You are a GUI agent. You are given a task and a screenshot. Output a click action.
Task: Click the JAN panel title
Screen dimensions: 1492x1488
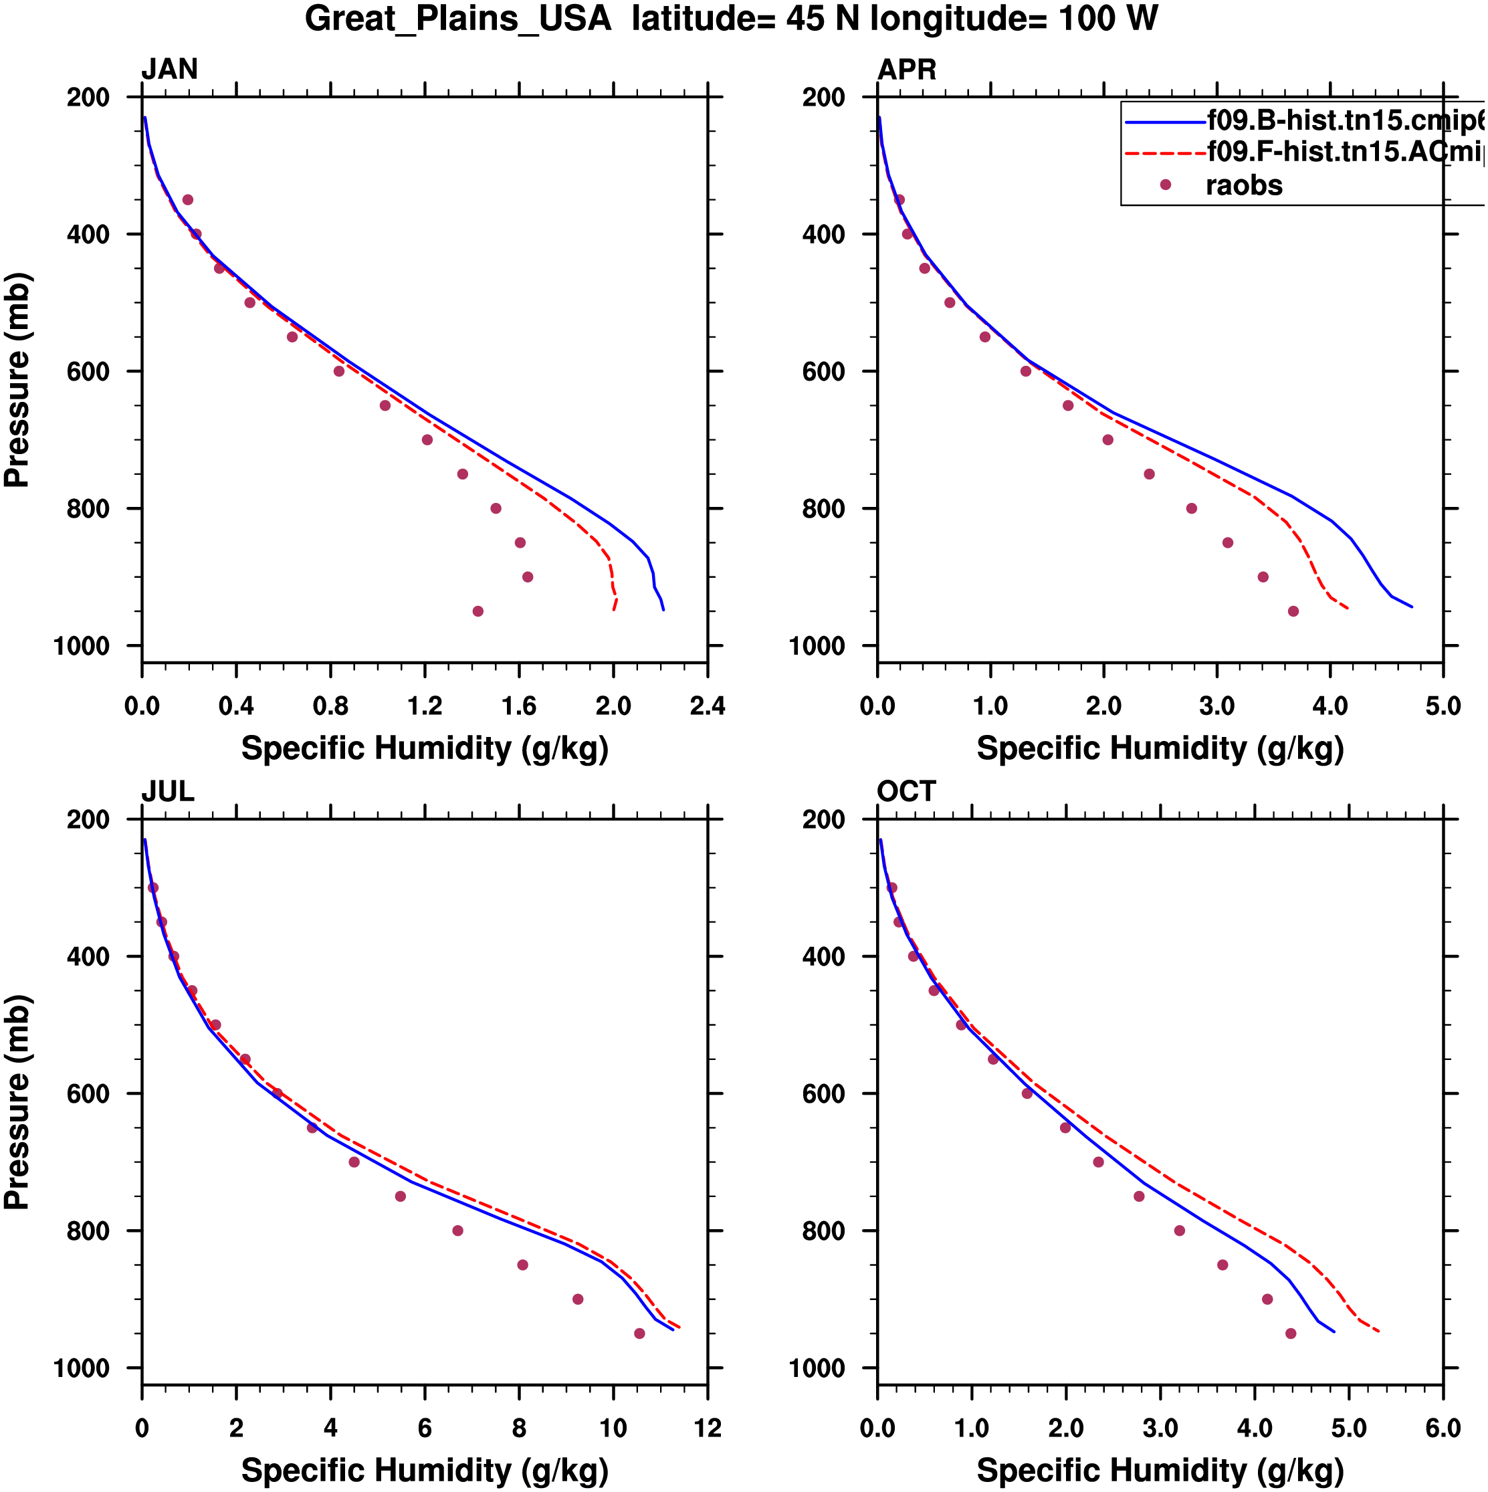tap(169, 70)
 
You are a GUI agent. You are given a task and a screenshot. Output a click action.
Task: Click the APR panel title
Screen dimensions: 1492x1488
tap(907, 70)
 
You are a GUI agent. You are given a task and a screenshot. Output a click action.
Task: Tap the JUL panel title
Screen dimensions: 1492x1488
tap(168, 792)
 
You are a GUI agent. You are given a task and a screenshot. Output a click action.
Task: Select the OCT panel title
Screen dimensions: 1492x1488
tap(907, 792)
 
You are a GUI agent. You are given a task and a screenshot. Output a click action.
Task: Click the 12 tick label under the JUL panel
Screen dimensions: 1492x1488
tap(708, 1428)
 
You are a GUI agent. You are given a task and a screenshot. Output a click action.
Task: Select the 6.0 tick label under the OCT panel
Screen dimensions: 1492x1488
tap(1443, 1428)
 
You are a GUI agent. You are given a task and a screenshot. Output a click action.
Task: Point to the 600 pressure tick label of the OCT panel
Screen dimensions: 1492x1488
tap(824, 1094)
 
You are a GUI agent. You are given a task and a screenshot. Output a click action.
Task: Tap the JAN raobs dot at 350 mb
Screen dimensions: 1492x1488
tap(188, 200)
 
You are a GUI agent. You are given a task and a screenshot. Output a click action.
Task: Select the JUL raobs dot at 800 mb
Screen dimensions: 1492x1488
tap(458, 1231)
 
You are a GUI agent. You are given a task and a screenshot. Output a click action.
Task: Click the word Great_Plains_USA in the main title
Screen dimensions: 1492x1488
tap(458, 19)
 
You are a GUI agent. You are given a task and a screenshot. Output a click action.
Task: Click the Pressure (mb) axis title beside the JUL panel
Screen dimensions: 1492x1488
tap(17, 1102)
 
